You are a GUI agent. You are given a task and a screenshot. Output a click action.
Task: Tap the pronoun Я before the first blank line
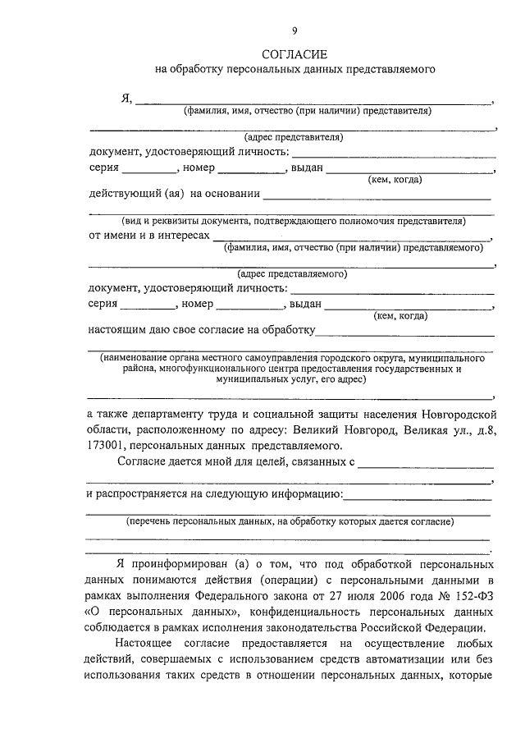point(126,99)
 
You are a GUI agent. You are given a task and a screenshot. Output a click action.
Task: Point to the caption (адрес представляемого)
point(292,274)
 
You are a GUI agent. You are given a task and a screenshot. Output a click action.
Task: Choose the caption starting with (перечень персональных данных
point(291,521)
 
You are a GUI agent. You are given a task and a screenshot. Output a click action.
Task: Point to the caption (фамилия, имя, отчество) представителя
point(308,110)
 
